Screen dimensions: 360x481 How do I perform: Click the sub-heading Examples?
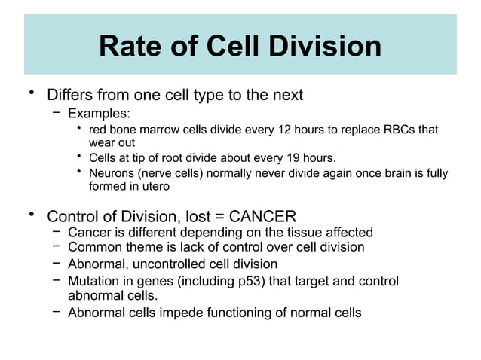pyautogui.click(x=99, y=114)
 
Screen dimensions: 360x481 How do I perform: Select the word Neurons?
pyautogui.click(x=112, y=173)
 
